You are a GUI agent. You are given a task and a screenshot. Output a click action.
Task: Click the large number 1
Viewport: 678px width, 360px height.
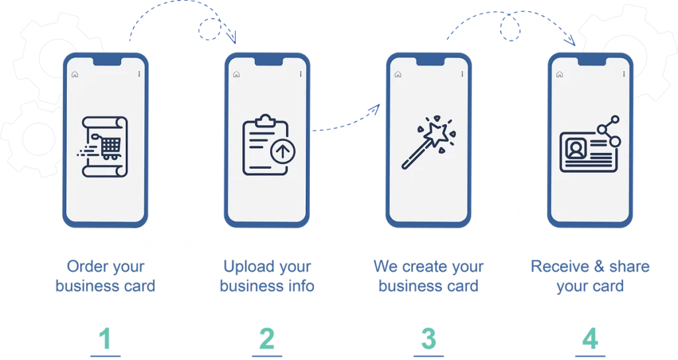click(x=105, y=339)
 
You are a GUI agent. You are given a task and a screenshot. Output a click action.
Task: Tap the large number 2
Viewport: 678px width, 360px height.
click(x=266, y=339)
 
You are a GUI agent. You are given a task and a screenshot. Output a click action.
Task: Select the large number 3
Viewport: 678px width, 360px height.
click(x=428, y=339)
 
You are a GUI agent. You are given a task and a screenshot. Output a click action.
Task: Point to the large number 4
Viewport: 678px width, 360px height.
click(x=590, y=339)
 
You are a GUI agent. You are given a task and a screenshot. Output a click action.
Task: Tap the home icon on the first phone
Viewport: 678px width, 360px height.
click(x=75, y=74)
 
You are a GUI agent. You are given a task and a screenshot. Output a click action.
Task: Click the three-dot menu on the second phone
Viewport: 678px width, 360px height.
click(x=301, y=74)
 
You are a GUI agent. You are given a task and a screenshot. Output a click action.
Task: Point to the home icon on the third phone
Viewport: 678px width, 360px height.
click(x=398, y=74)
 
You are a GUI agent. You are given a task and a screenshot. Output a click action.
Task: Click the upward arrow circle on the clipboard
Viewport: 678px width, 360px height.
click(x=282, y=153)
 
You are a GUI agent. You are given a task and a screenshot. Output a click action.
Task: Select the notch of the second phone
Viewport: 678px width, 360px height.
click(x=266, y=62)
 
